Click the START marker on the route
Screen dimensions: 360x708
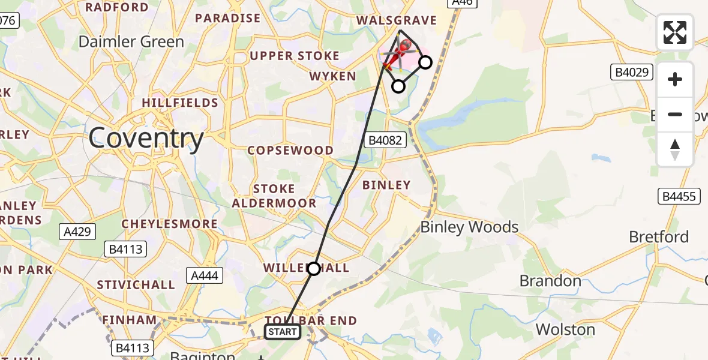[x=282, y=332]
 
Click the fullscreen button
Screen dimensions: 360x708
[x=675, y=32]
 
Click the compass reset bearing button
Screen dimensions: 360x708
[x=675, y=149]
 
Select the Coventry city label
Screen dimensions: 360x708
[x=146, y=139]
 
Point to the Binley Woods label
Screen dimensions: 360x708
[x=469, y=227]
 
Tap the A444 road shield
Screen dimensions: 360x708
[x=205, y=275]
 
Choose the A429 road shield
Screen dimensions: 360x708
[x=77, y=231]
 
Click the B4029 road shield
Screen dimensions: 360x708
[x=632, y=73]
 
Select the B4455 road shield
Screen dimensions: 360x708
[x=679, y=196]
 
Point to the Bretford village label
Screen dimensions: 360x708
[x=659, y=237]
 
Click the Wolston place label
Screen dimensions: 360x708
[x=565, y=329]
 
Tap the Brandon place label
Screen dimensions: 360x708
[x=550, y=281]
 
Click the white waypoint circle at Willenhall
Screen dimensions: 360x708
[x=314, y=268]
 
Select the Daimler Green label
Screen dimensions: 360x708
[x=131, y=42]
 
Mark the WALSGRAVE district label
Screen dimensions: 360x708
[x=396, y=20]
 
